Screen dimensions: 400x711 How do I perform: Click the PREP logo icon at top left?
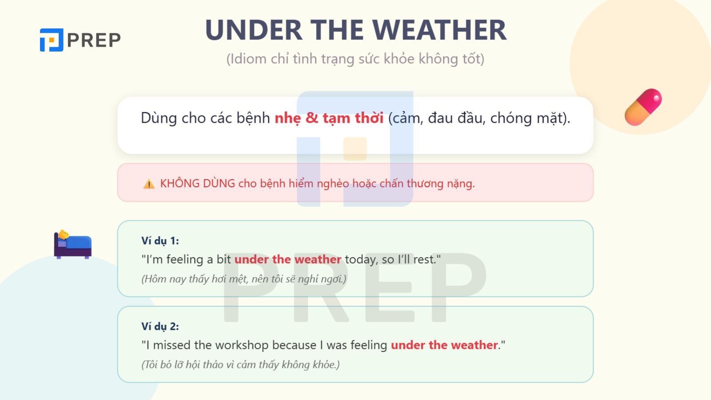pyautogui.click(x=52, y=40)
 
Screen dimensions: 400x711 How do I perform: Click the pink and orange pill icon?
pyautogui.click(x=643, y=107)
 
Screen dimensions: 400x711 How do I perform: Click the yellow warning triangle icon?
pyautogui.click(x=149, y=184)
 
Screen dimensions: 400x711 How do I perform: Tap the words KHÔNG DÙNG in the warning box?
pyautogui.click(x=198, y=184)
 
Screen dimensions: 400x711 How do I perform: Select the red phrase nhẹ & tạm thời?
pyautogui.click(x=329, y=118)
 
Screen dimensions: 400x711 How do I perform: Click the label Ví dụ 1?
pyautogui.click(x=160, y=241)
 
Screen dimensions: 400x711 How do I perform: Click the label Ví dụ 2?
pyautogui.click(x=160, y=327)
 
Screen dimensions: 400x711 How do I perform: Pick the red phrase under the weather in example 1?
pyautogui.click(x=288, y=260)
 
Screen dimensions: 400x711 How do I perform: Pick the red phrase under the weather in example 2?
pyautogui.click(x=444, y=345)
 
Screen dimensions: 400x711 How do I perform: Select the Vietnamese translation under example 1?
pyautogui.click(x=244, y=279)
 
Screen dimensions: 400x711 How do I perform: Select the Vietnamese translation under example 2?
pyautogui.click(x=240, y=365)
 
